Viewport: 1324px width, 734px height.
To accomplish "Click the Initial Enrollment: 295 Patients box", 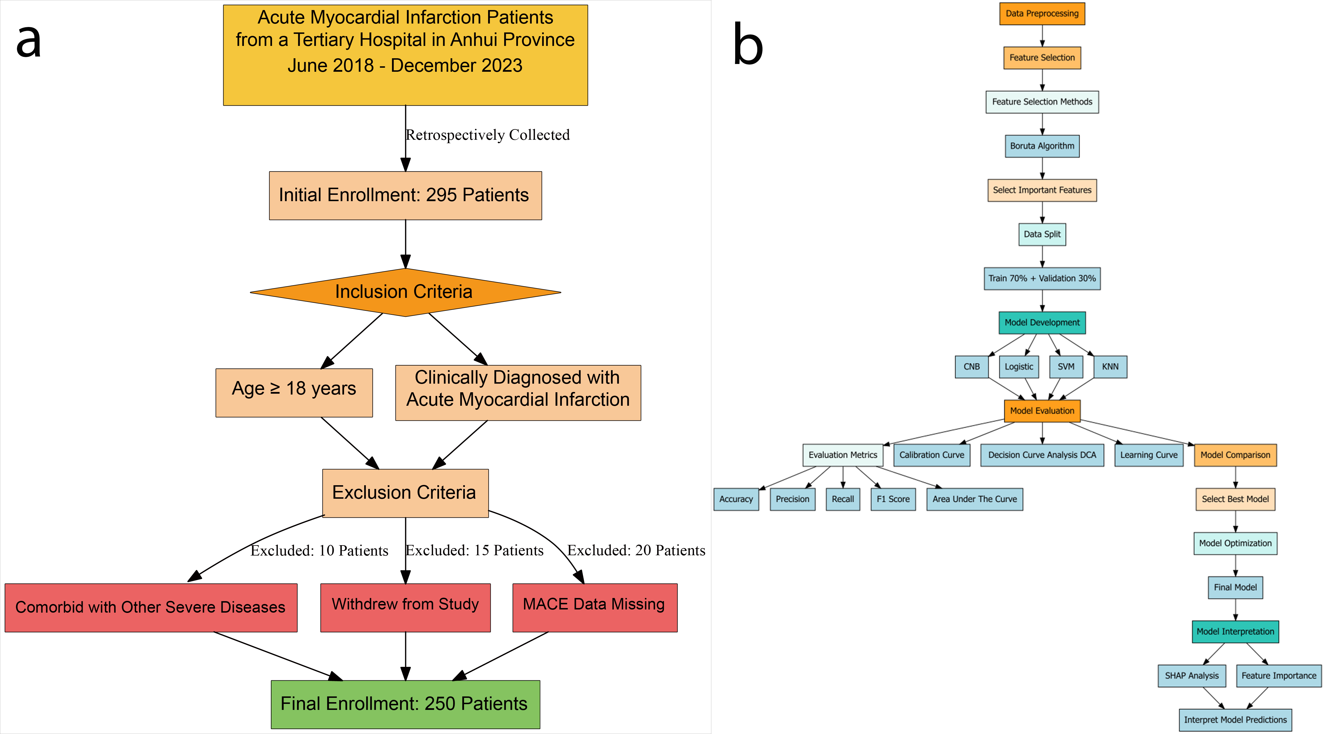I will (x=405, y=195).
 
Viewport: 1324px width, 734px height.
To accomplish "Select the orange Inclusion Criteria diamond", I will (x=405, y=292).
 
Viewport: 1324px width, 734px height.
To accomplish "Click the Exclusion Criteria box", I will (x=405, y=492).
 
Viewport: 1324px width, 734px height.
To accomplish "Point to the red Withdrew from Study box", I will (x=405, y=607).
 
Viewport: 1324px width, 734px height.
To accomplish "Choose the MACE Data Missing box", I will (x=595, y=607).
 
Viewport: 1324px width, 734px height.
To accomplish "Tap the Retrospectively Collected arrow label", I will (x=487, y=135).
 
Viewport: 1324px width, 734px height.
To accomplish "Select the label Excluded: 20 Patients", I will (x=636, y=550).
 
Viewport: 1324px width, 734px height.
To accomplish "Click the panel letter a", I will (x=29, y=41).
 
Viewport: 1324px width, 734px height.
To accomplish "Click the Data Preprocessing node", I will (x=1042, y=13).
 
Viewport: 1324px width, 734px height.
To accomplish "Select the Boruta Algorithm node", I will (x=1042, y=146).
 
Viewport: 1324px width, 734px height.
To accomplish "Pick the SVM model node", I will (x=1066, y=366).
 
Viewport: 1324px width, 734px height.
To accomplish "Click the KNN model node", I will (x=1110, y=366).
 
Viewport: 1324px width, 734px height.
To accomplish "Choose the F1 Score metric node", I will (x=893, y=499).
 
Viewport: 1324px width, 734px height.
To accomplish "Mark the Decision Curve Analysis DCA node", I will (x=1042, y=455).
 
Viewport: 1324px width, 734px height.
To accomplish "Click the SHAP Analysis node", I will (x=1191, y=675).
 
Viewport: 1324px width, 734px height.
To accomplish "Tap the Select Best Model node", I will (x=1235, y=499).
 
